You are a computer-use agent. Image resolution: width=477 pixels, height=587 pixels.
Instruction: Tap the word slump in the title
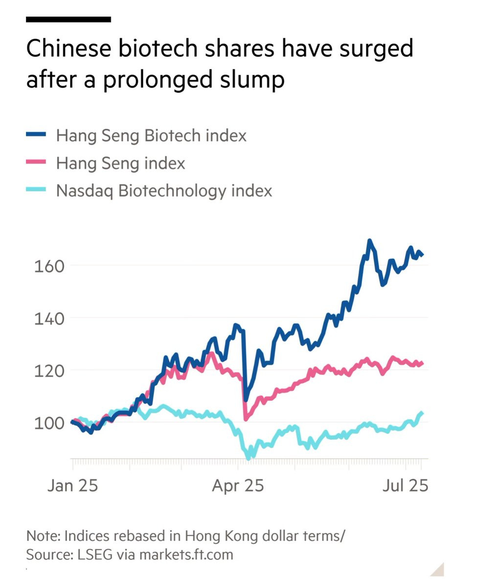tap(253, 80)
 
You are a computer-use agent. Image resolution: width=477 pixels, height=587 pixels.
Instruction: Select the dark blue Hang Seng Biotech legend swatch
tap(36, 135)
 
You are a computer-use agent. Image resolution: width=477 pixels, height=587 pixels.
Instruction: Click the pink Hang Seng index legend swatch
tap(36, 162)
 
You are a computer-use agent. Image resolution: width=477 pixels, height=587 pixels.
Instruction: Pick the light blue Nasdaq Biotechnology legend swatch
tap(36, 190)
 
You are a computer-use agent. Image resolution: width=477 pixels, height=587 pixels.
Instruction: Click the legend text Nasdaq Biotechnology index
tap(164, 190)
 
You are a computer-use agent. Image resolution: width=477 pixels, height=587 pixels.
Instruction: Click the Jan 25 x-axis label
tap(72, 486)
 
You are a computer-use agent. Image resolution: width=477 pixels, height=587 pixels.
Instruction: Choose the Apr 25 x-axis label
tap(238, 486)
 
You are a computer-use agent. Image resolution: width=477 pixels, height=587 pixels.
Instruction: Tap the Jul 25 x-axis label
tap(405, 486)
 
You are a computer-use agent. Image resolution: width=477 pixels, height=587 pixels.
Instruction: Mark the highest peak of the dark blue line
tap(369, 241)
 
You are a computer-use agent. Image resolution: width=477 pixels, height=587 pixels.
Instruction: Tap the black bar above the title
tap(68, 20)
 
